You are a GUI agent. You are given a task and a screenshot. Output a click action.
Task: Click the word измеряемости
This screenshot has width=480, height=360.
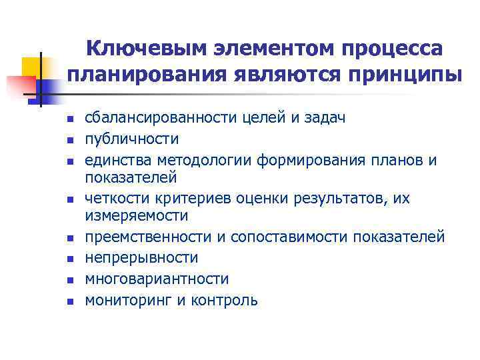click(136, 216)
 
